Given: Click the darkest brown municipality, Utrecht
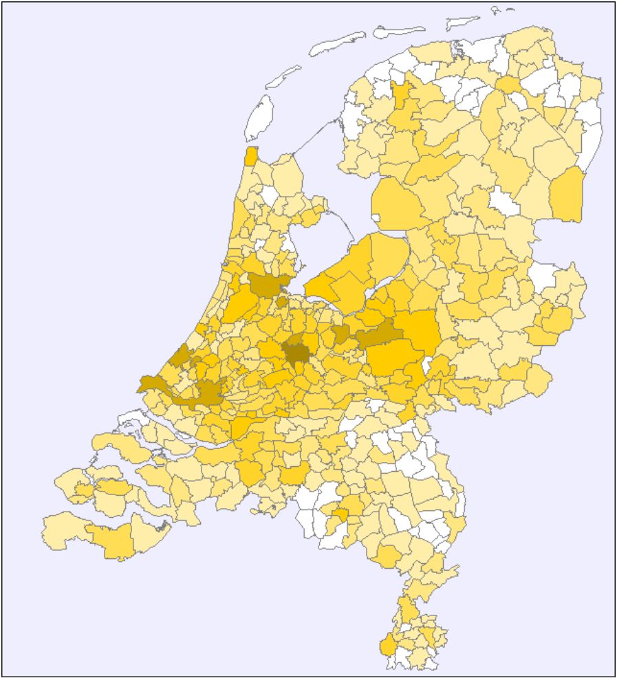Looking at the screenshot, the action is (297, 352).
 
